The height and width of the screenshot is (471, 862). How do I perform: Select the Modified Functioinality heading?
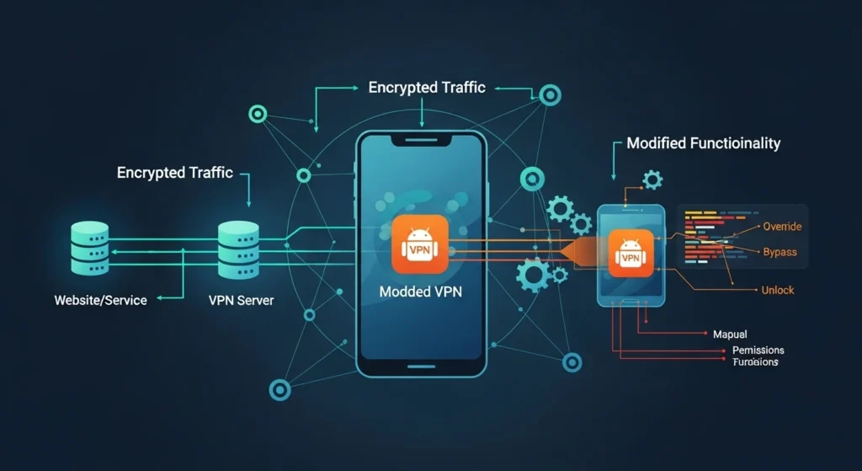coord(704,143)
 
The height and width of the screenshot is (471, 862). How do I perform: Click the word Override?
coord(782,226)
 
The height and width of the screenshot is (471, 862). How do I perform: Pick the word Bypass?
coord(780,252)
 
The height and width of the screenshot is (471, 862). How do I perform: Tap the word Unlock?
coord(776,290)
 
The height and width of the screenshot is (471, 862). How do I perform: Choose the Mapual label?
coord(729,334)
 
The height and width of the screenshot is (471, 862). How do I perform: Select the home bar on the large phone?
coord(421,365)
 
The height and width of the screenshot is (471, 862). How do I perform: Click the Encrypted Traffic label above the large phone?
coord(427,88)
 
